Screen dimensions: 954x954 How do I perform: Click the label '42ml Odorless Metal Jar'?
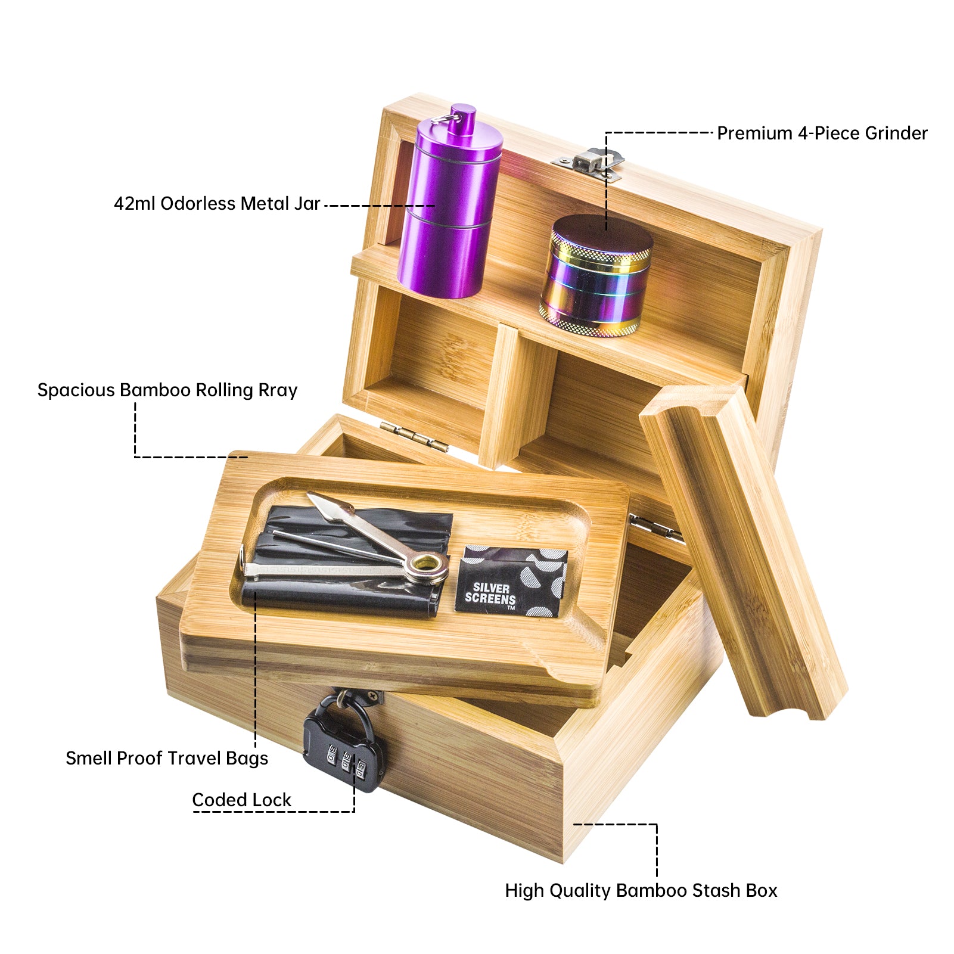click(217, 204)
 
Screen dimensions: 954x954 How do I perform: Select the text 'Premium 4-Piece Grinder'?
click(822, 133)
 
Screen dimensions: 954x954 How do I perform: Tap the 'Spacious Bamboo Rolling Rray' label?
click(167, 390)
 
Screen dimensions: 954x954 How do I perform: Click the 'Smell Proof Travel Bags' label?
click(167, 758)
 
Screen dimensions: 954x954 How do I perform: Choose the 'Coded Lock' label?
click(241, 800)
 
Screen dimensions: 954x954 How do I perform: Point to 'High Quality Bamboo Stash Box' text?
click(641, 890)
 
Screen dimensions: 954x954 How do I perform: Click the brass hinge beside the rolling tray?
click(414, 435)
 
